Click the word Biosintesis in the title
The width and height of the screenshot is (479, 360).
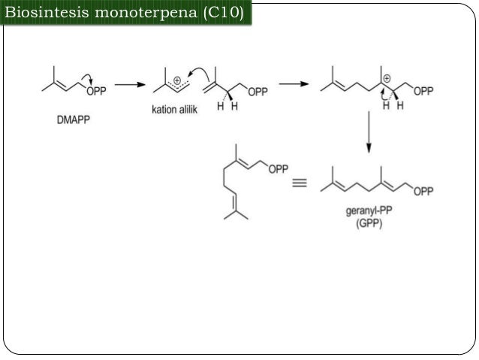[x=47, y=12]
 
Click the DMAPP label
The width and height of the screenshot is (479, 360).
[x=74, y=119]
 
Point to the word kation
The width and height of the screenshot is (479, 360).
[x=164, y=109]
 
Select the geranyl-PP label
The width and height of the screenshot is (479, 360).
[x=369, y=211]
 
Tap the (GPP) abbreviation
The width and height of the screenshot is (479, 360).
[x=369, y=223]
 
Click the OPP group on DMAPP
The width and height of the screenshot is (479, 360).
[x=97, y=91]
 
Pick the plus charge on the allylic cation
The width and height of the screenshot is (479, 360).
[x=177, y=80]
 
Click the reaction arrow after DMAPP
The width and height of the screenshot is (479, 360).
[x=130, y=84]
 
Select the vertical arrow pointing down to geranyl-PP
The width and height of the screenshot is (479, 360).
[x=369, y=132]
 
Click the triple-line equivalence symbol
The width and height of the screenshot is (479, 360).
[x=300, y=183]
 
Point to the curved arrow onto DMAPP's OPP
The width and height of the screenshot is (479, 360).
[x=88, y=77]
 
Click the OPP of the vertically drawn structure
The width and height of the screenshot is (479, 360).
[x=279, y=169]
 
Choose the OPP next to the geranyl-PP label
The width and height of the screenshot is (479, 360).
[x=423, y=192]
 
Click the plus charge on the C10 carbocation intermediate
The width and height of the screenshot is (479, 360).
[x=387, y=79]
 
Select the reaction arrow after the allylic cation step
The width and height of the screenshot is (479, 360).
[x=294, y=84]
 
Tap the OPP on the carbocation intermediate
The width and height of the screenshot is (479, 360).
[x=423, y=91]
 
